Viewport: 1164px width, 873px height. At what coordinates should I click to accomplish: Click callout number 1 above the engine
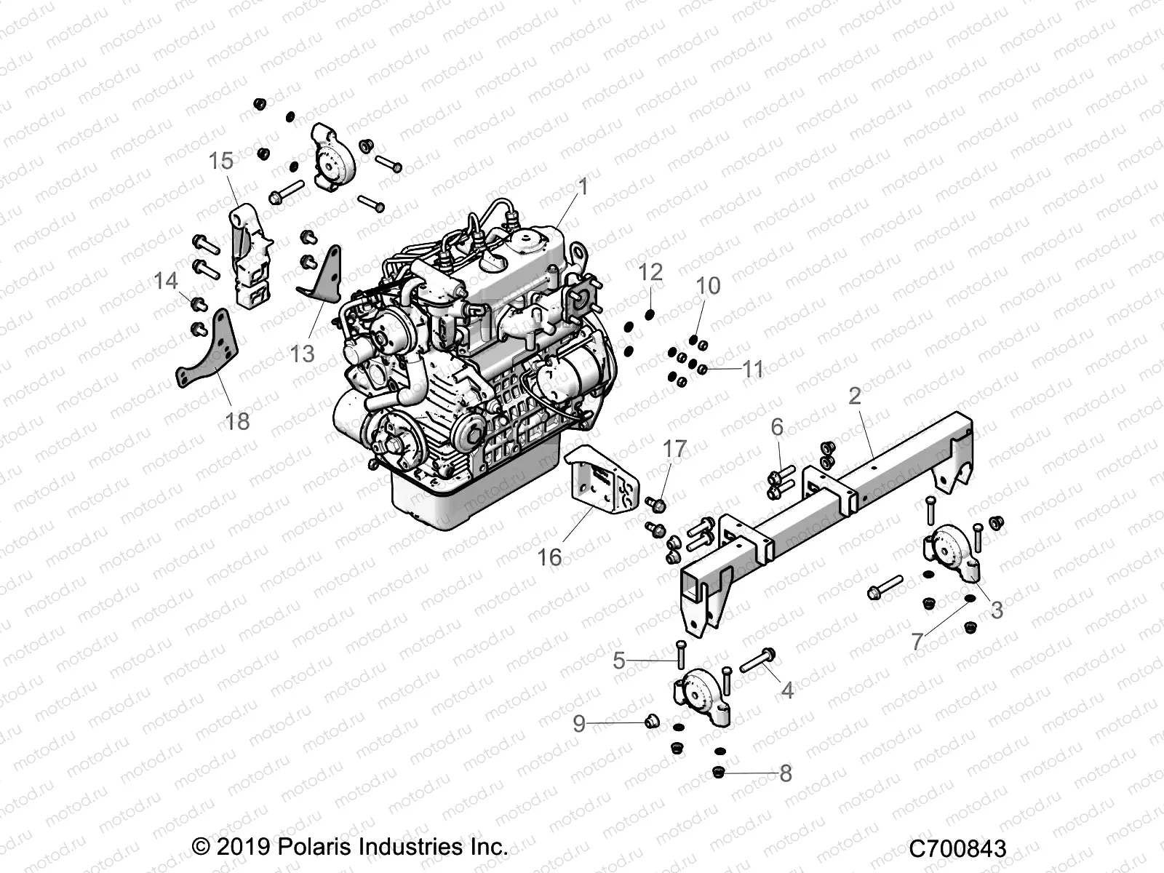[x=582, y=188]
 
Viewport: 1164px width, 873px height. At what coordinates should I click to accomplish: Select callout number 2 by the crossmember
[x=855, y=396]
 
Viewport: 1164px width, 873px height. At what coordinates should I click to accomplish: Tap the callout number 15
[x=221, y=161]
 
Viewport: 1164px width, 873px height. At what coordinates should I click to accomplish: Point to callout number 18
[x=237, y=421]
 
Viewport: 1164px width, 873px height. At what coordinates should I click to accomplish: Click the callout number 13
[x=302, y=354]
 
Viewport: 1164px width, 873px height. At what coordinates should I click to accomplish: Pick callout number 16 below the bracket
[x=549, y=557]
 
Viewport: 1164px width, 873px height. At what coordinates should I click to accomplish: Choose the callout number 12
[x=650, y=272]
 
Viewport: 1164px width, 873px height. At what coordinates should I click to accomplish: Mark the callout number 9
[x=579, y=723]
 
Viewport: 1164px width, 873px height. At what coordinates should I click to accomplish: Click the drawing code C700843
[x=957, y=848]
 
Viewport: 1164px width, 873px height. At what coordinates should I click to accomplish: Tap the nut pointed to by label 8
[x=719, y=773]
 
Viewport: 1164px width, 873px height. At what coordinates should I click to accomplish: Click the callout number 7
[x=917, y=642]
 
